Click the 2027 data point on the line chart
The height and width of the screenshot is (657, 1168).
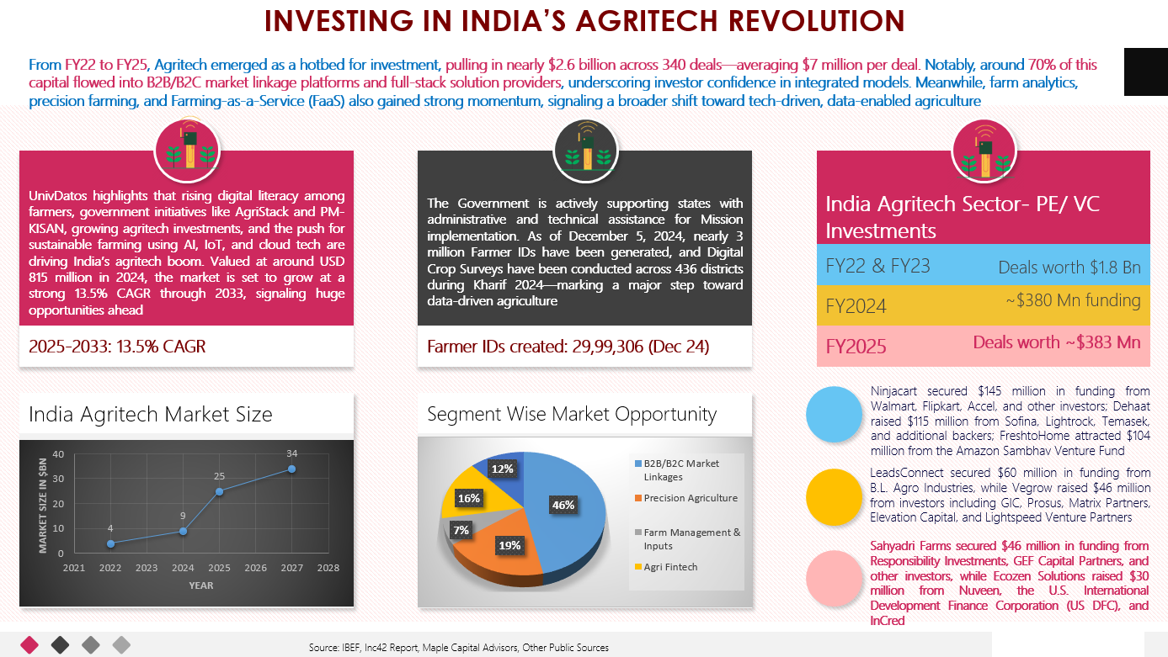(x=292, y=469)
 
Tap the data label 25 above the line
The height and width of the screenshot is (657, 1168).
(x=219, y=476)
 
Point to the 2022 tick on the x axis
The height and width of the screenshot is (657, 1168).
(x=110, y=568)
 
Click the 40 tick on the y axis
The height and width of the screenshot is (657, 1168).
(x=58, y=454)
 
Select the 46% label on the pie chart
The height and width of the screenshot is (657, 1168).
(x=563, y=505)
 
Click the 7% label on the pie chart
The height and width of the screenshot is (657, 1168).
(x=461, y=530)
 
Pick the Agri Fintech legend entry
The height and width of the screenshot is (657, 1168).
(x=666, y=567)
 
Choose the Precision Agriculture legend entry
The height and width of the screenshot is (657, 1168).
(x=686, y=498)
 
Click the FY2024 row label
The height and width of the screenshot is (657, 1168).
(x=856, y=306)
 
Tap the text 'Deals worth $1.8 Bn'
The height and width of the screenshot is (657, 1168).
(x=1069, y=268)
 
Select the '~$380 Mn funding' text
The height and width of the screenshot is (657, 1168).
(x=1073, y=300)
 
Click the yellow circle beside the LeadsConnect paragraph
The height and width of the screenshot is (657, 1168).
(x=834, y=497)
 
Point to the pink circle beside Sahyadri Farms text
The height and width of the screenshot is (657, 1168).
(x=834, y=578)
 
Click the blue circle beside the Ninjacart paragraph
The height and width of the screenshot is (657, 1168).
(x=834, y=414)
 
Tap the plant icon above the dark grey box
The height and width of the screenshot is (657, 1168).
(x=586, y=151)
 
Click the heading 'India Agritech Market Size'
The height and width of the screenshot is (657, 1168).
(x=150, y=414)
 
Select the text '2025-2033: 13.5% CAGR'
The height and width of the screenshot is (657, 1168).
(x=117, y=347)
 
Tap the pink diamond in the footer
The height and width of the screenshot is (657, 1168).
(x=29, y=645)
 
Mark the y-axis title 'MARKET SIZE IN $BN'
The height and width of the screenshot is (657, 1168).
(x=43, y=506)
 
